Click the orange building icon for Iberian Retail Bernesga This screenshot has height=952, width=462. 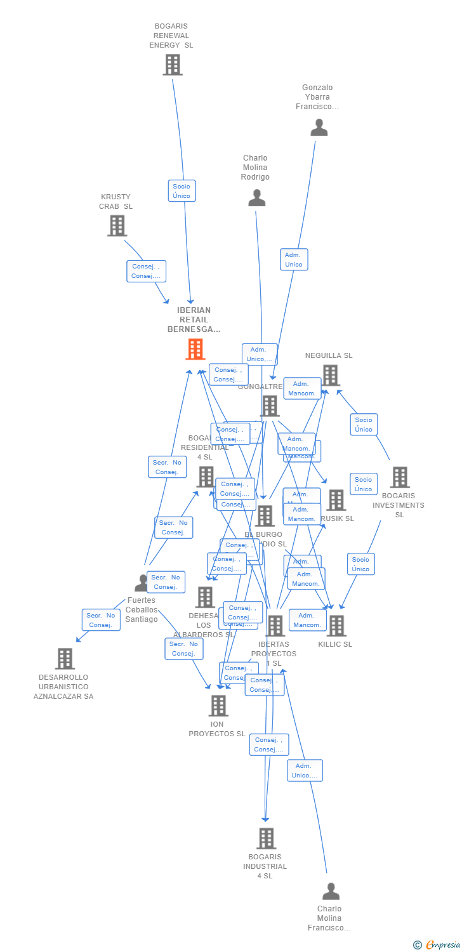pos(195,349)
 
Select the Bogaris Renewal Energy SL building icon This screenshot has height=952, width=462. pos(173,65)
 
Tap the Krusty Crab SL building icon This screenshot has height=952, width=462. pos(117,225)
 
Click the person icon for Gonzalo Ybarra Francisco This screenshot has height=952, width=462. pos(319,127)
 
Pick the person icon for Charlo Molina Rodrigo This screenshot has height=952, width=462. pos(256,197)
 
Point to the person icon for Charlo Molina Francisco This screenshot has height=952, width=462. pos(331,891)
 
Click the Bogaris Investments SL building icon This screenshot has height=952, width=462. pos(400,477)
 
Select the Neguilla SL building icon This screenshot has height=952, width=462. pos(330,375)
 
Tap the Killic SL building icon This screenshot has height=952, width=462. pos(336,626)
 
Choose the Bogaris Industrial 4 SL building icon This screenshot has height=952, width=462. pos(266,838)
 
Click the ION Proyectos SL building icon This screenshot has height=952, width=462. pos(218,705)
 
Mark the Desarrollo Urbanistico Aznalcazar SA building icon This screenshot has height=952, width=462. pos(65,659)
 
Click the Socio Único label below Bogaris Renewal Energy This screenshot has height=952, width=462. pos(182,191)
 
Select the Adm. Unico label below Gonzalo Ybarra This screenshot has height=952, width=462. pos(294,260)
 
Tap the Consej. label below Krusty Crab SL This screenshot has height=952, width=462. pos(147,271)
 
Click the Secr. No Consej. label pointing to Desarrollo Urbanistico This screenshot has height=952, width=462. pos(101,620)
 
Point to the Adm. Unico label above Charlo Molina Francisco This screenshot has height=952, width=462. pos(305,770)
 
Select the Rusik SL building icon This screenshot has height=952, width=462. pos(336,500)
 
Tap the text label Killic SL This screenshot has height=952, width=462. pos(335,644)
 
